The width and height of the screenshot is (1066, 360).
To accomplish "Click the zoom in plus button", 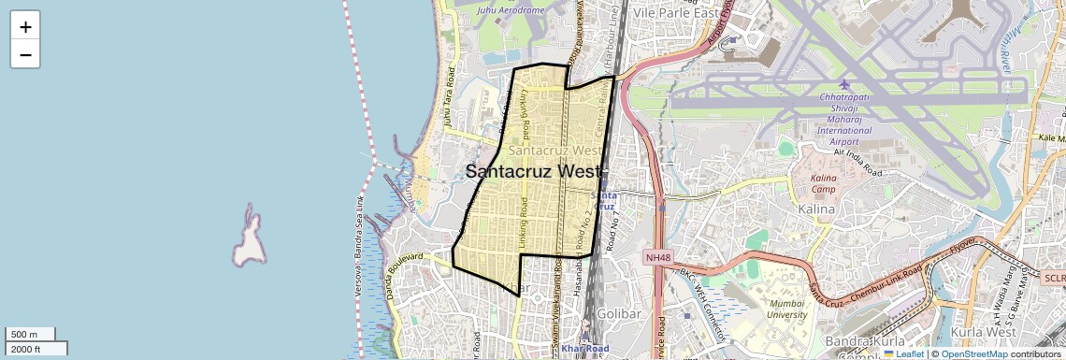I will (25, 27).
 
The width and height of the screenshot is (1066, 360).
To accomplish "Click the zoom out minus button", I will (25, 55).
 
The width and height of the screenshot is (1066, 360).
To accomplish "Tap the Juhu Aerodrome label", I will (510, 10).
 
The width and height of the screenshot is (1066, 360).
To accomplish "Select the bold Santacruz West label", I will (536, 171).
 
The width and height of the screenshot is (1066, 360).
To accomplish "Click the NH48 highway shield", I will (657, 257).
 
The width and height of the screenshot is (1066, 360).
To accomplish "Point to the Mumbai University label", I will (785, 309).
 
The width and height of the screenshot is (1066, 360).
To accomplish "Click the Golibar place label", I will (619, 314).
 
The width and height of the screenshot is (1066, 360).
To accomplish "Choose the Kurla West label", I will (982, 332).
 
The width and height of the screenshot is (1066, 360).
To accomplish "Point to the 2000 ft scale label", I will (36, 349).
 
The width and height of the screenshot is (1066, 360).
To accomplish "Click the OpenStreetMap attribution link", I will (973, 353).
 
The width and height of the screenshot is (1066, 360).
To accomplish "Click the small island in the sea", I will (249, 238).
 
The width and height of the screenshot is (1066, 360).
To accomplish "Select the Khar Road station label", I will (585, 349).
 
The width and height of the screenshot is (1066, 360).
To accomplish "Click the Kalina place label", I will (816, 209).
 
